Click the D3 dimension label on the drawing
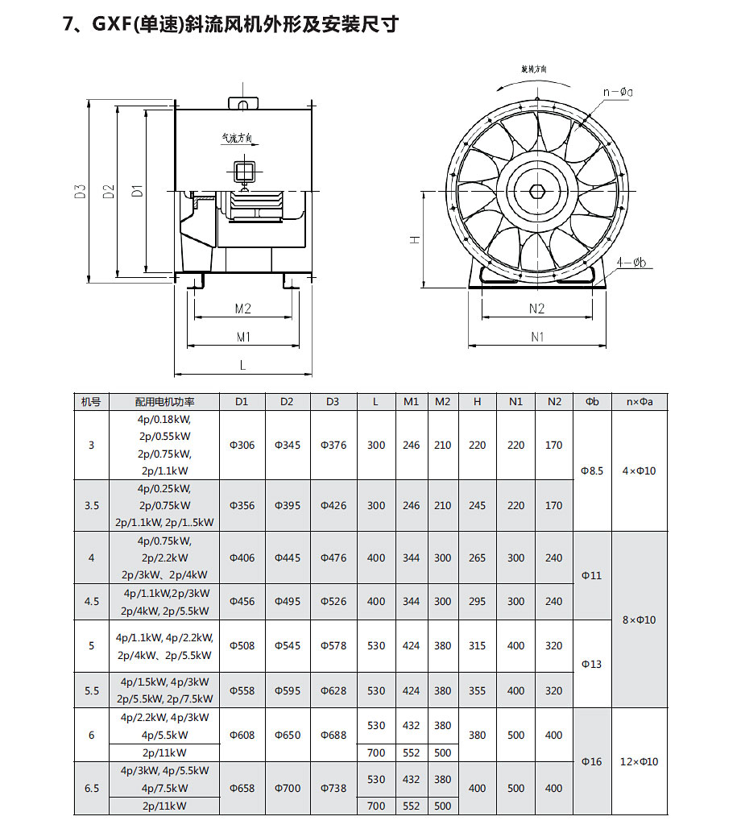(80, 192)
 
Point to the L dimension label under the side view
(242, 365)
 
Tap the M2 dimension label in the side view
(243, 309)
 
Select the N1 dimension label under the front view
(537, 337)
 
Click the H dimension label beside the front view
(414, 240)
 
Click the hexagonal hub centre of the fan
(537, 193)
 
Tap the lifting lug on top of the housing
(242, 103)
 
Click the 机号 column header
(91, 401)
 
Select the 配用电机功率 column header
(165, 401)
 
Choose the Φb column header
(592, 401)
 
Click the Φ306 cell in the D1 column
(242, 446)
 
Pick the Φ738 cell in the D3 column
(333, 789)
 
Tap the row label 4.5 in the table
(91, 602)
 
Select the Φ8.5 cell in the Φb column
(592, 471)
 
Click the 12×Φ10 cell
(640, 762)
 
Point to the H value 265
(477, 558)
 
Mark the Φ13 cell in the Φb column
(592, 665)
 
